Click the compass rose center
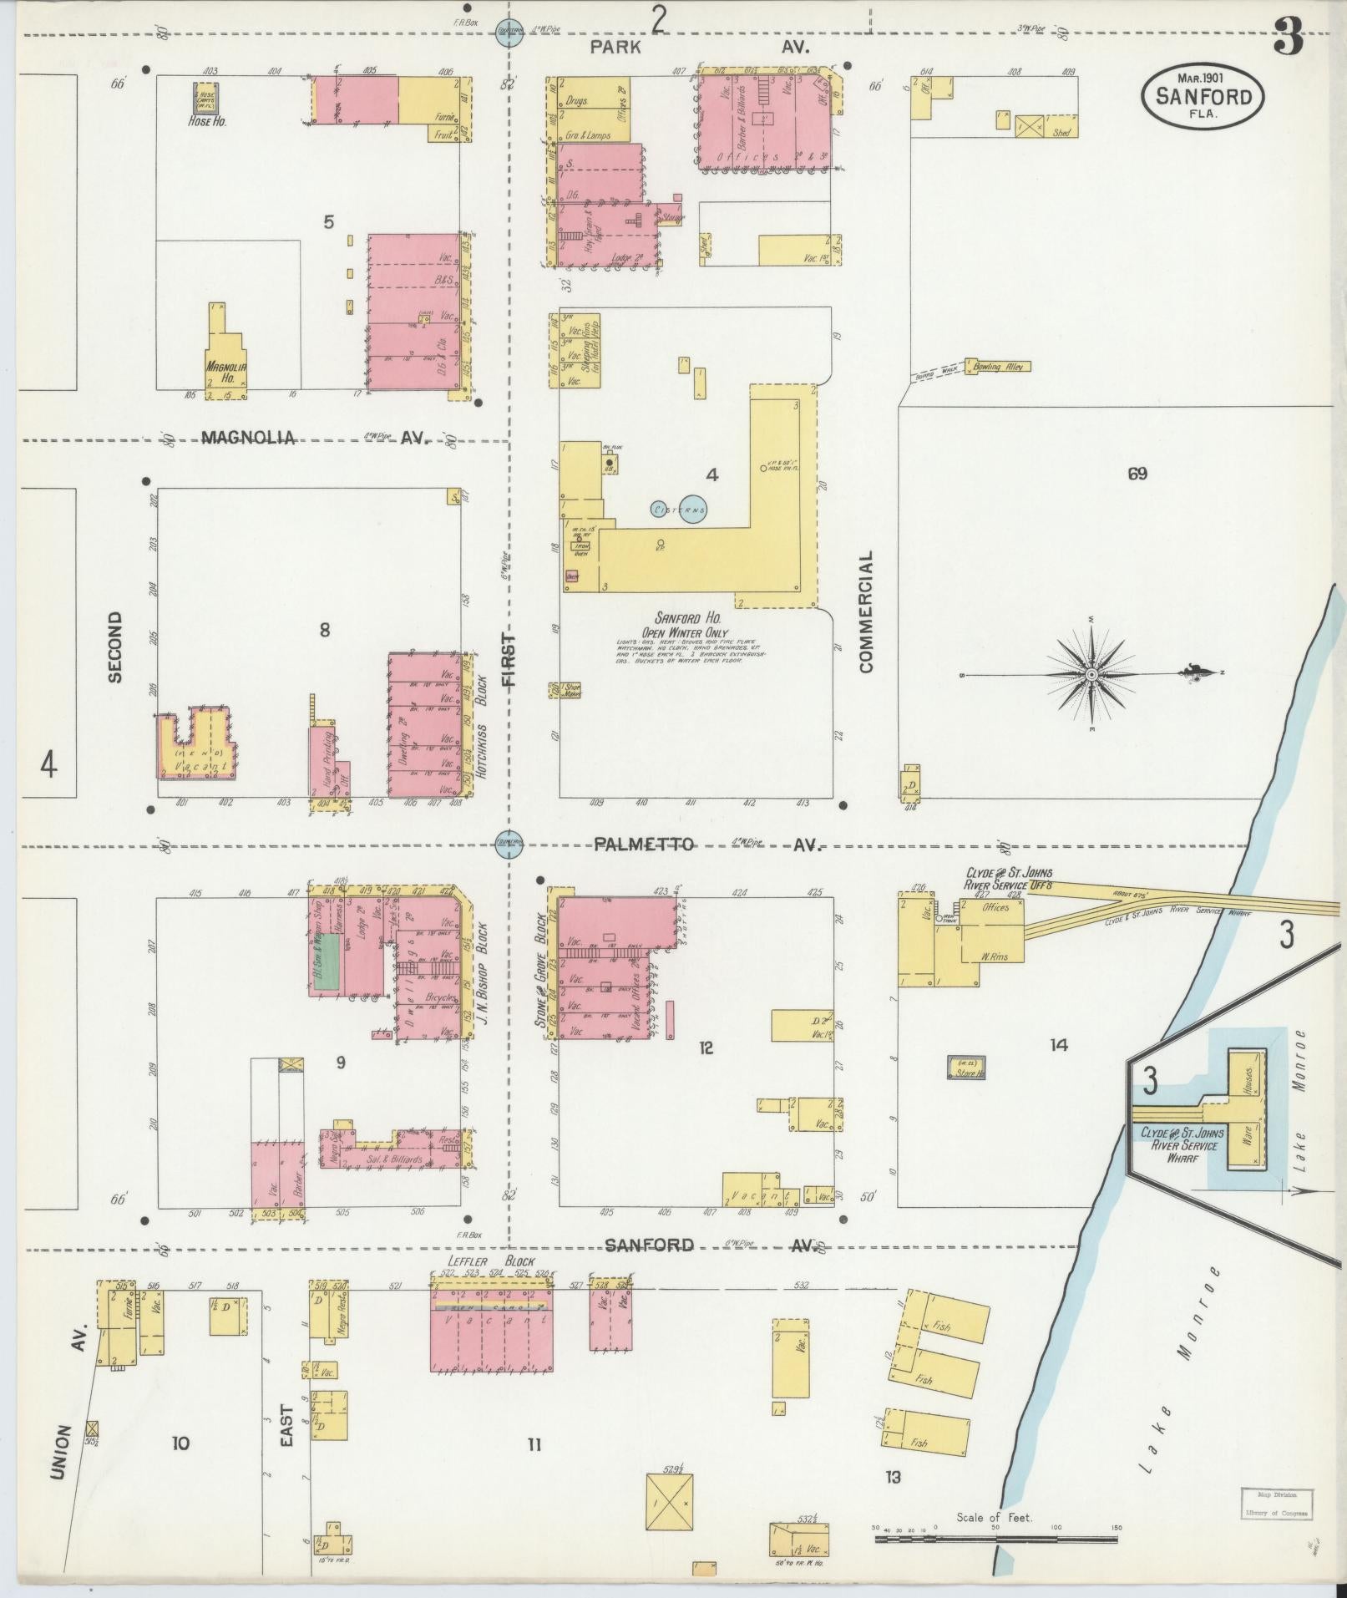(x=1091, y=673)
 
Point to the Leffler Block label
(x=490, y=1261)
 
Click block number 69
(x=1137, y=474)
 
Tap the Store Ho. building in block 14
(x=966, y=1067)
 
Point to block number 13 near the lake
(x=894, y=1478)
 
